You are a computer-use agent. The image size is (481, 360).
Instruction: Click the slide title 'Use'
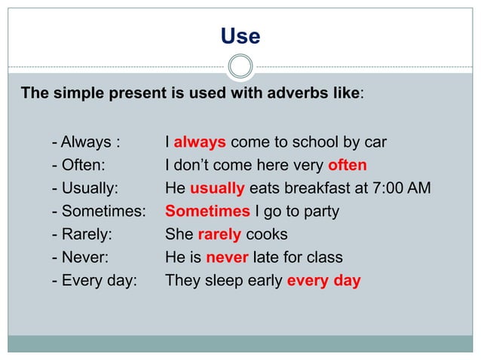240,37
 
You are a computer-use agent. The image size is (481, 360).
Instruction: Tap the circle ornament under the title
240,66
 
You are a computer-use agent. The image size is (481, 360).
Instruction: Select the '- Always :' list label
87,142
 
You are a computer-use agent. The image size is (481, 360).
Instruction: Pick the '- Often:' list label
79,165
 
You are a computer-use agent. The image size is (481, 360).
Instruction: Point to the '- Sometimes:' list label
98,212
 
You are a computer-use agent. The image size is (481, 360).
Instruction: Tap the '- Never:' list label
81,258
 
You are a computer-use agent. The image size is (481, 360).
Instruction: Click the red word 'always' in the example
200,142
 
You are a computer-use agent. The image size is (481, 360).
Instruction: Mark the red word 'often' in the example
348,165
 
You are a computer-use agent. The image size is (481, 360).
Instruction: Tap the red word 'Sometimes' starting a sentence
207,212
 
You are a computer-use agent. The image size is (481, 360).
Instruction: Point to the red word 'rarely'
219,234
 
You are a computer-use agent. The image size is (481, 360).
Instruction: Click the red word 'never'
227,258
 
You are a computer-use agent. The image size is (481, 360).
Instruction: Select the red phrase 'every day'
324,281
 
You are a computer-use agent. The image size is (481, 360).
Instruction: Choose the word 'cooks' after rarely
267,234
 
